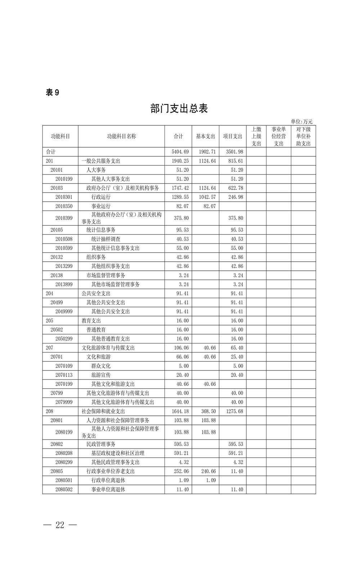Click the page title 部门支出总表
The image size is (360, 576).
point(179,108)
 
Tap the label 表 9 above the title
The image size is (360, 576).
point(53,93)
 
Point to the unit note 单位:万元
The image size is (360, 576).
point(301,122)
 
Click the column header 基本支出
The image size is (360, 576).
point(205,136)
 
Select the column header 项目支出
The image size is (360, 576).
point(233,136)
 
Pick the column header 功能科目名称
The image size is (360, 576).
point(121,136)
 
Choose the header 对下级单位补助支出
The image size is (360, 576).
point(303,136)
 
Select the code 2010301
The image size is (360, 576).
point(64,197)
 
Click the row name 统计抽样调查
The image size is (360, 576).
point(106,239)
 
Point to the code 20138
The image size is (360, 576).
point(57,275)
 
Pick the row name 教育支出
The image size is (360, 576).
point(91,321)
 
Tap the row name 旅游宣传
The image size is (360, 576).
point(101,375)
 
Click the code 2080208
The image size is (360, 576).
point(64,453)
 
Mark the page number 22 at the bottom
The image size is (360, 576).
point(60,525)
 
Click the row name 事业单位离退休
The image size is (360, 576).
point(108,490)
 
